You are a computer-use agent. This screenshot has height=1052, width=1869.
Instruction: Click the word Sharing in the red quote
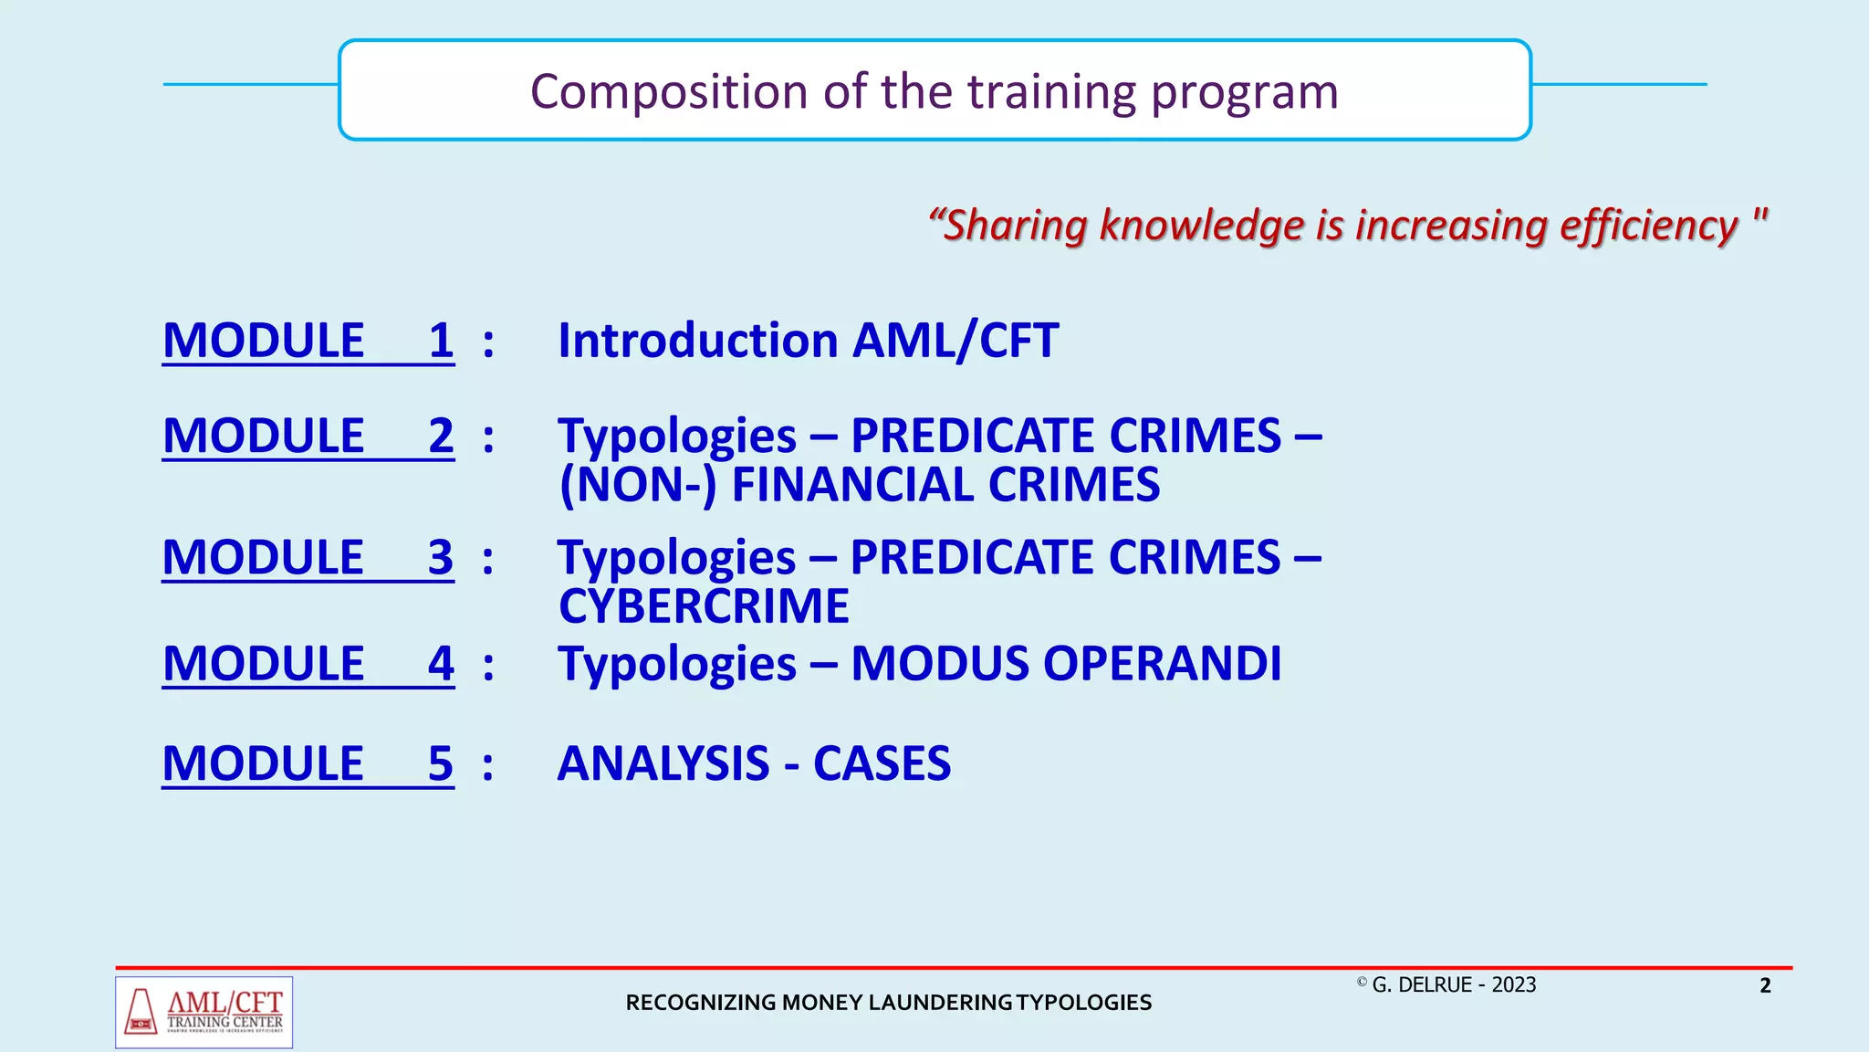click(1013, 226)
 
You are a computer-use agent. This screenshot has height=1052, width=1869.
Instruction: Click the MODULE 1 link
click(308, 341)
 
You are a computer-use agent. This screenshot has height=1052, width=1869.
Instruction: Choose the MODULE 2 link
click(308, 436)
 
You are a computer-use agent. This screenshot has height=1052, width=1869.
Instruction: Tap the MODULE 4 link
click(308, 663)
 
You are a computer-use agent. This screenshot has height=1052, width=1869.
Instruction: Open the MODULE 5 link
click(308, 763)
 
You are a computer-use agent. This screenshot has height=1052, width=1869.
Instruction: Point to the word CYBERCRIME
click(704, 606)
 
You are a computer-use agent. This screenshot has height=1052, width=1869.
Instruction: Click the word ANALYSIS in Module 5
click(663, 763)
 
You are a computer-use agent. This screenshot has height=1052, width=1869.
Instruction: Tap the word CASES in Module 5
click(882, 763)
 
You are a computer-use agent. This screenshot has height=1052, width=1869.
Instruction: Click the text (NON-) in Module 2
click(637, 485)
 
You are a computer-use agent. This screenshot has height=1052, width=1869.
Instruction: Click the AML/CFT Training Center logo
click(204, 1012)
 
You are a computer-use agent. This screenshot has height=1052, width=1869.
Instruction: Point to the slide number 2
click(1765, 985)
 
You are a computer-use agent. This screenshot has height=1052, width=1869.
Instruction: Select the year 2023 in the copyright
click(1514, 985)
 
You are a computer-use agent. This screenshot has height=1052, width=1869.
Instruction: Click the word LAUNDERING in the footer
click(940, 1003)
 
